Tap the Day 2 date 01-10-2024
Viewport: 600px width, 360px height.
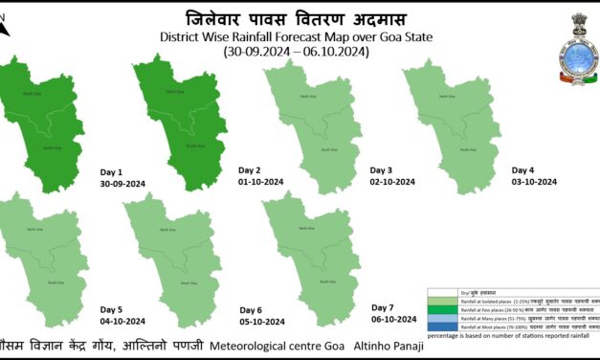tap(261, 181)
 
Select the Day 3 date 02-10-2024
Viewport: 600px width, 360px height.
tap(392, 181)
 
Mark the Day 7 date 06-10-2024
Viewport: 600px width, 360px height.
tap(394, 318)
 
